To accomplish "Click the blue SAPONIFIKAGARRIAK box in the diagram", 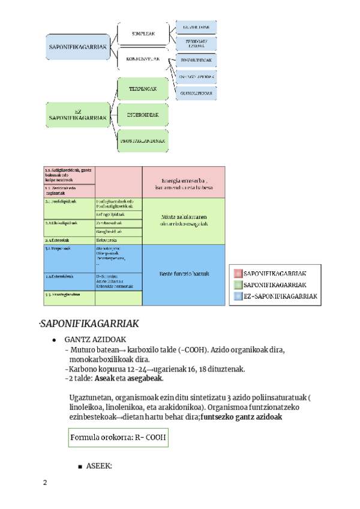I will tap(77, 47).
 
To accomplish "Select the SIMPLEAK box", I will tap(143, 34).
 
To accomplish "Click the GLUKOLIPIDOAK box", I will tap(195, 93).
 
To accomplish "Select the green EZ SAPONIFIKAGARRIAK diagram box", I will tap(77, 115).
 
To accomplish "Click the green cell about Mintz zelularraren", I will tap(184, 220).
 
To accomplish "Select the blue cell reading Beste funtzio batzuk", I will tap(184, 274).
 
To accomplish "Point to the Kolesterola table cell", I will tap(118, 239).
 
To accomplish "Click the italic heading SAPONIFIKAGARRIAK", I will tap(90, 324).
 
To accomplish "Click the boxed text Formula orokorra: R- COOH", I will tap(118, 437).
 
